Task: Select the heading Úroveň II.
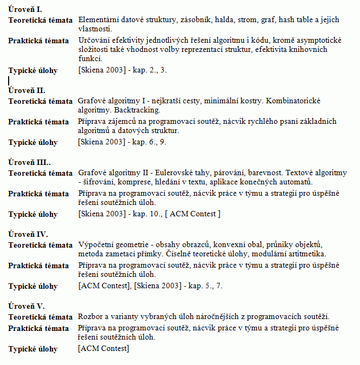coord(26,90)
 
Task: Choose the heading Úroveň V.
coord(26,306)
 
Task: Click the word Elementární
coord(99,20)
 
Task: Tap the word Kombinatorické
coord(295,101)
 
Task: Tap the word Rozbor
coord(90,317)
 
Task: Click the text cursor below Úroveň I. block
coord(9,81)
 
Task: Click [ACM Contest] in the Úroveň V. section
coord(104,349)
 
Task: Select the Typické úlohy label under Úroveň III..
coord(33,214)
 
